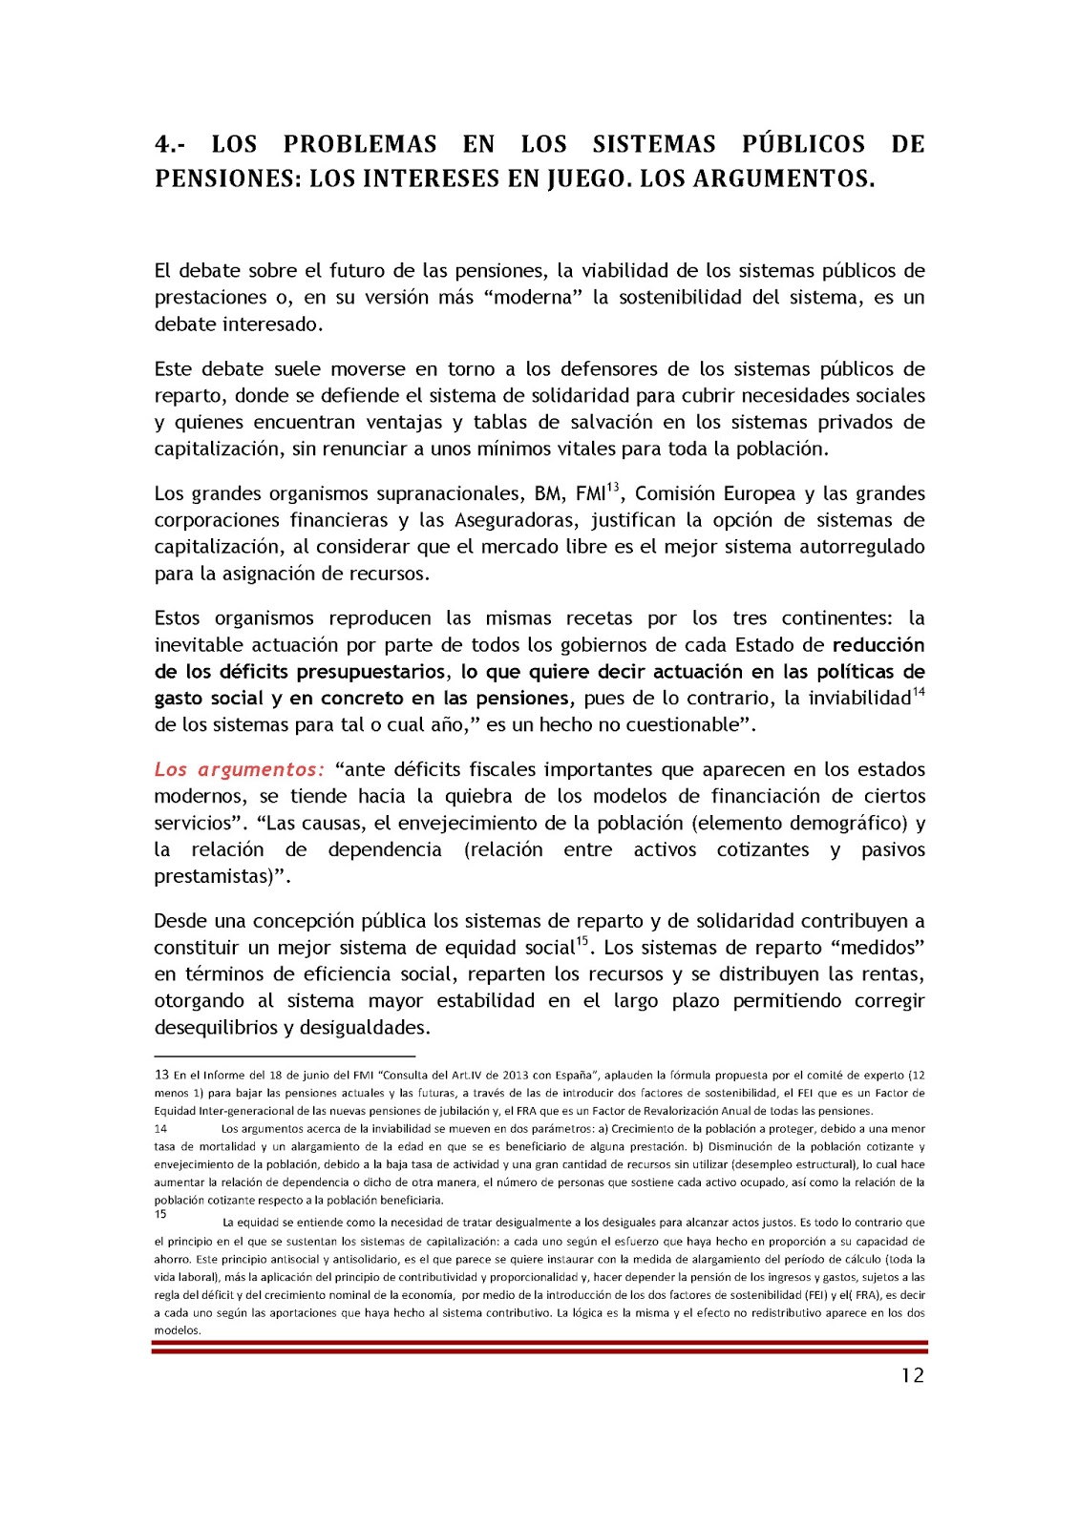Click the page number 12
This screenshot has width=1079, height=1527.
(x=913, y=1375)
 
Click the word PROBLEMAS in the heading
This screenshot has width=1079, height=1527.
(x=360, y=144)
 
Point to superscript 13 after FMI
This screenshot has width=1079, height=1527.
(x=614, y=487)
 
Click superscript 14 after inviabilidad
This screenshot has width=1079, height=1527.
(x=919, y=691)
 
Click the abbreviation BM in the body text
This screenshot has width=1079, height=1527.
(x=548, y=493)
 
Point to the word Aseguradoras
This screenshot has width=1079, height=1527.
(x=515, y=520)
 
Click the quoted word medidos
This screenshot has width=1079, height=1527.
(x=878, y=948)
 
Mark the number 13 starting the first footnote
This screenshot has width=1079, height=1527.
(x=161, y=1075)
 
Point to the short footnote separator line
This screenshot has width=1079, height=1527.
(x=285, y=1056)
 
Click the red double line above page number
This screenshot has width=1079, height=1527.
(x=539, y=1347)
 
